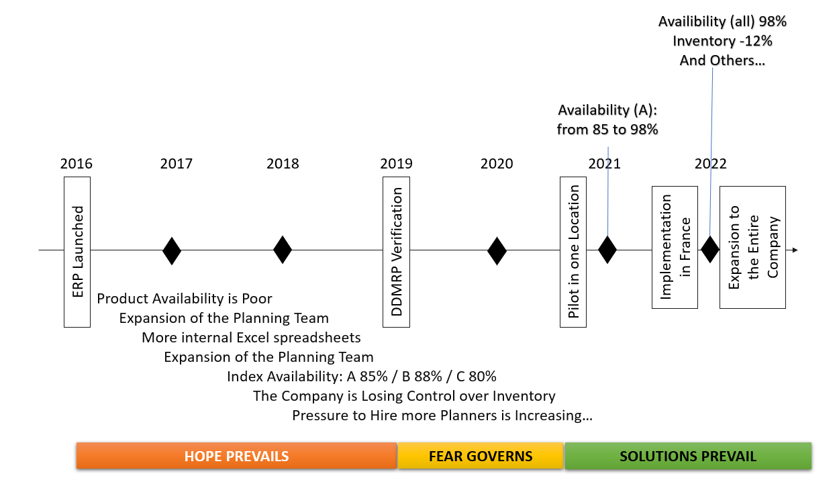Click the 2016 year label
[x=76, y=164]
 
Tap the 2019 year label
[x=396, y=164]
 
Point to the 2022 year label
[x=711, y=164]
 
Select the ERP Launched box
[x=77, y=252]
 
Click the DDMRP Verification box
[x=396, y=252]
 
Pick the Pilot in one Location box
[x=573, y=252]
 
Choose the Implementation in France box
[x=675, y=247]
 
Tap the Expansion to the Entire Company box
[x=752, y=247]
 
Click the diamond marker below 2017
[x=172, y=250]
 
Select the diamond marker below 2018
[x=283, y=250]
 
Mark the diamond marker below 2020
[x=497, y=250]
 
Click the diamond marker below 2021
[x=607, y=250]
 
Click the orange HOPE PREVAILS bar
[x=236, y=456]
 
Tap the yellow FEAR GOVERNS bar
[x=481, y=456]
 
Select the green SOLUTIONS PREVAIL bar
[x=688, y=456]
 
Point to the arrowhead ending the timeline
[x=795, y=250]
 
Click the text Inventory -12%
[x=722, y=41]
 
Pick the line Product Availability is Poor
[x=185, y=299]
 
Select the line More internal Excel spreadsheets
[x=251, y=338]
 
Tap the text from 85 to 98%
[x=607, y=130]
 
